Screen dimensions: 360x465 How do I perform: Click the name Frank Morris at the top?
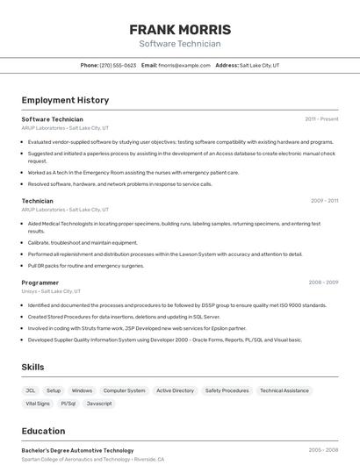click(x=180, y=29)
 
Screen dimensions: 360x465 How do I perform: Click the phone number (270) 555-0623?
click(x=118, y=65)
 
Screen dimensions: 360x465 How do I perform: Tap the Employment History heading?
click(x=65, y=100)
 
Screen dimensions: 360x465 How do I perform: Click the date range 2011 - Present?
click(x=321, y=118)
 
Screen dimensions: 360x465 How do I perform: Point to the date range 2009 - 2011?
click(x=324, y=201)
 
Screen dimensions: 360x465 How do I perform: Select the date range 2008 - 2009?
click(x=323, y=283)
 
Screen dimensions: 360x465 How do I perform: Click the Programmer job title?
click(x=40, y=283)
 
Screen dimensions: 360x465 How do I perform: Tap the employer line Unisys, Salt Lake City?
click(x=51, y=291)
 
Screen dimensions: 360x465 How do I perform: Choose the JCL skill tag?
click(x=31, y=390)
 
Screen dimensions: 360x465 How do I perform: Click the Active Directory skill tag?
click(x=175, y=390)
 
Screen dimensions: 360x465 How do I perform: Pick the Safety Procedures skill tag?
click(x=227, y=390)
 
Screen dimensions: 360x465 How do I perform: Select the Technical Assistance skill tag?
click(x=284, y=390)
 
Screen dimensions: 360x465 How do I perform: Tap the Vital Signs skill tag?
click(x=38, y=404)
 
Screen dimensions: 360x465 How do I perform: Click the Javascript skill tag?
click(x=99, y=404)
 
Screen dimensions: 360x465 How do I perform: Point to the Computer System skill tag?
click(x=124, y=390)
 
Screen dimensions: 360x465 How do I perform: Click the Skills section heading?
click(x=33, y=367)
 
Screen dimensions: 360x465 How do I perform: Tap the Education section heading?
click(x=43, y=431)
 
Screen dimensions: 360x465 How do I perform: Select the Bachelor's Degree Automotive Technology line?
click(x=77, y=450)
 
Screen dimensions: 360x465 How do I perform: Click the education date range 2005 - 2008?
click(x=323, y=450)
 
